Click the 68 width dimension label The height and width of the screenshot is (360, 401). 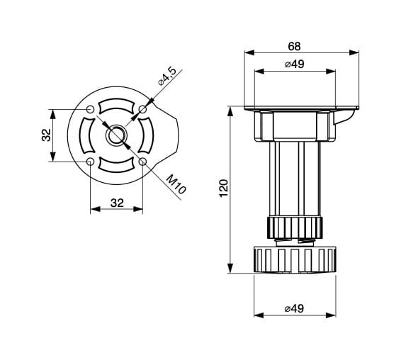294,46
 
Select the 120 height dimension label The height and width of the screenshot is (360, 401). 224,189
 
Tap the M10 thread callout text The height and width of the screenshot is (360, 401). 176,184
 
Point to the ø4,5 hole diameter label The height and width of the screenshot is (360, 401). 167,77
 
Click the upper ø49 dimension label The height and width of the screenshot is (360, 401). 295,64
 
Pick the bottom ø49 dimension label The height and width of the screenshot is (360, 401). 294,308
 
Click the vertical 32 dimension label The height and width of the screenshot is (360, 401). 46,135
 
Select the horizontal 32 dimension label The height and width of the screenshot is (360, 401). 117,203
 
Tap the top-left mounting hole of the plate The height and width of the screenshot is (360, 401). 91,110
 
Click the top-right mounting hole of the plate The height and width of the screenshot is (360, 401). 142,110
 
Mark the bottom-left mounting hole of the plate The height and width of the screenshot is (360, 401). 91,162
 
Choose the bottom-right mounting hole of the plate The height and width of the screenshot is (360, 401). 142,162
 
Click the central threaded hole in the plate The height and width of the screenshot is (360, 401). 117,135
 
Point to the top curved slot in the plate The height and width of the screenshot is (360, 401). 117,104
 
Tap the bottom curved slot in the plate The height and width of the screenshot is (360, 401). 117,167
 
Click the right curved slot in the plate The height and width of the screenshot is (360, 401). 148,135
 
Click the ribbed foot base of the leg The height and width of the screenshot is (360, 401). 295,260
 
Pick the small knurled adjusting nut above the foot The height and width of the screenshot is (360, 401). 295,228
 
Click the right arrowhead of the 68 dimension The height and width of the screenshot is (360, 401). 354,52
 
